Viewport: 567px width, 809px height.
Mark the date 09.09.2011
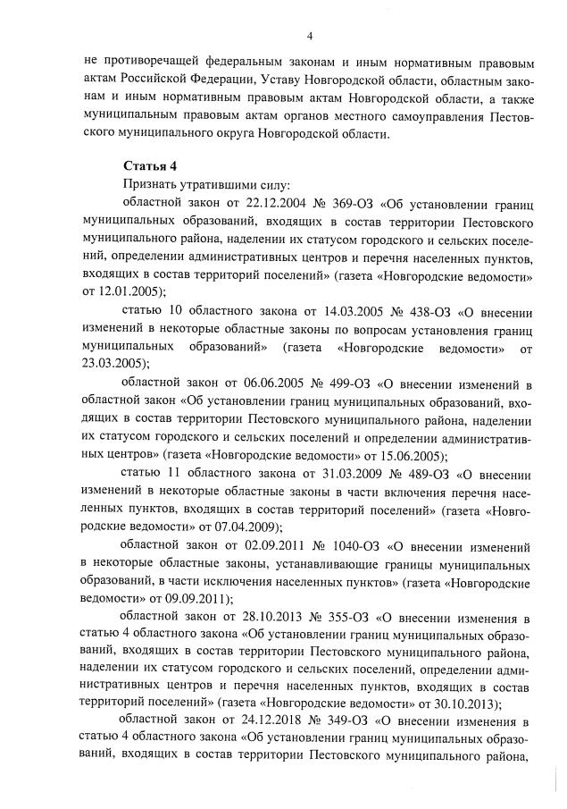(199, 597)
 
